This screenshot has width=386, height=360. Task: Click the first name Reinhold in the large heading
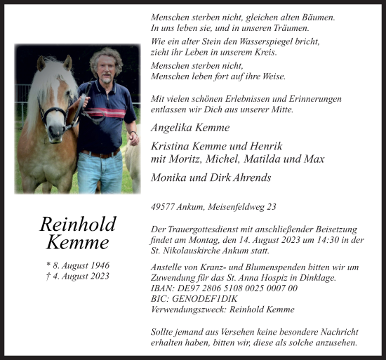tap(77, 225)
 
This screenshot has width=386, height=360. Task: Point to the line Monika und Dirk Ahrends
tap(211, 179)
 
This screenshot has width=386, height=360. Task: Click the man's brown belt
tap(100, 154)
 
